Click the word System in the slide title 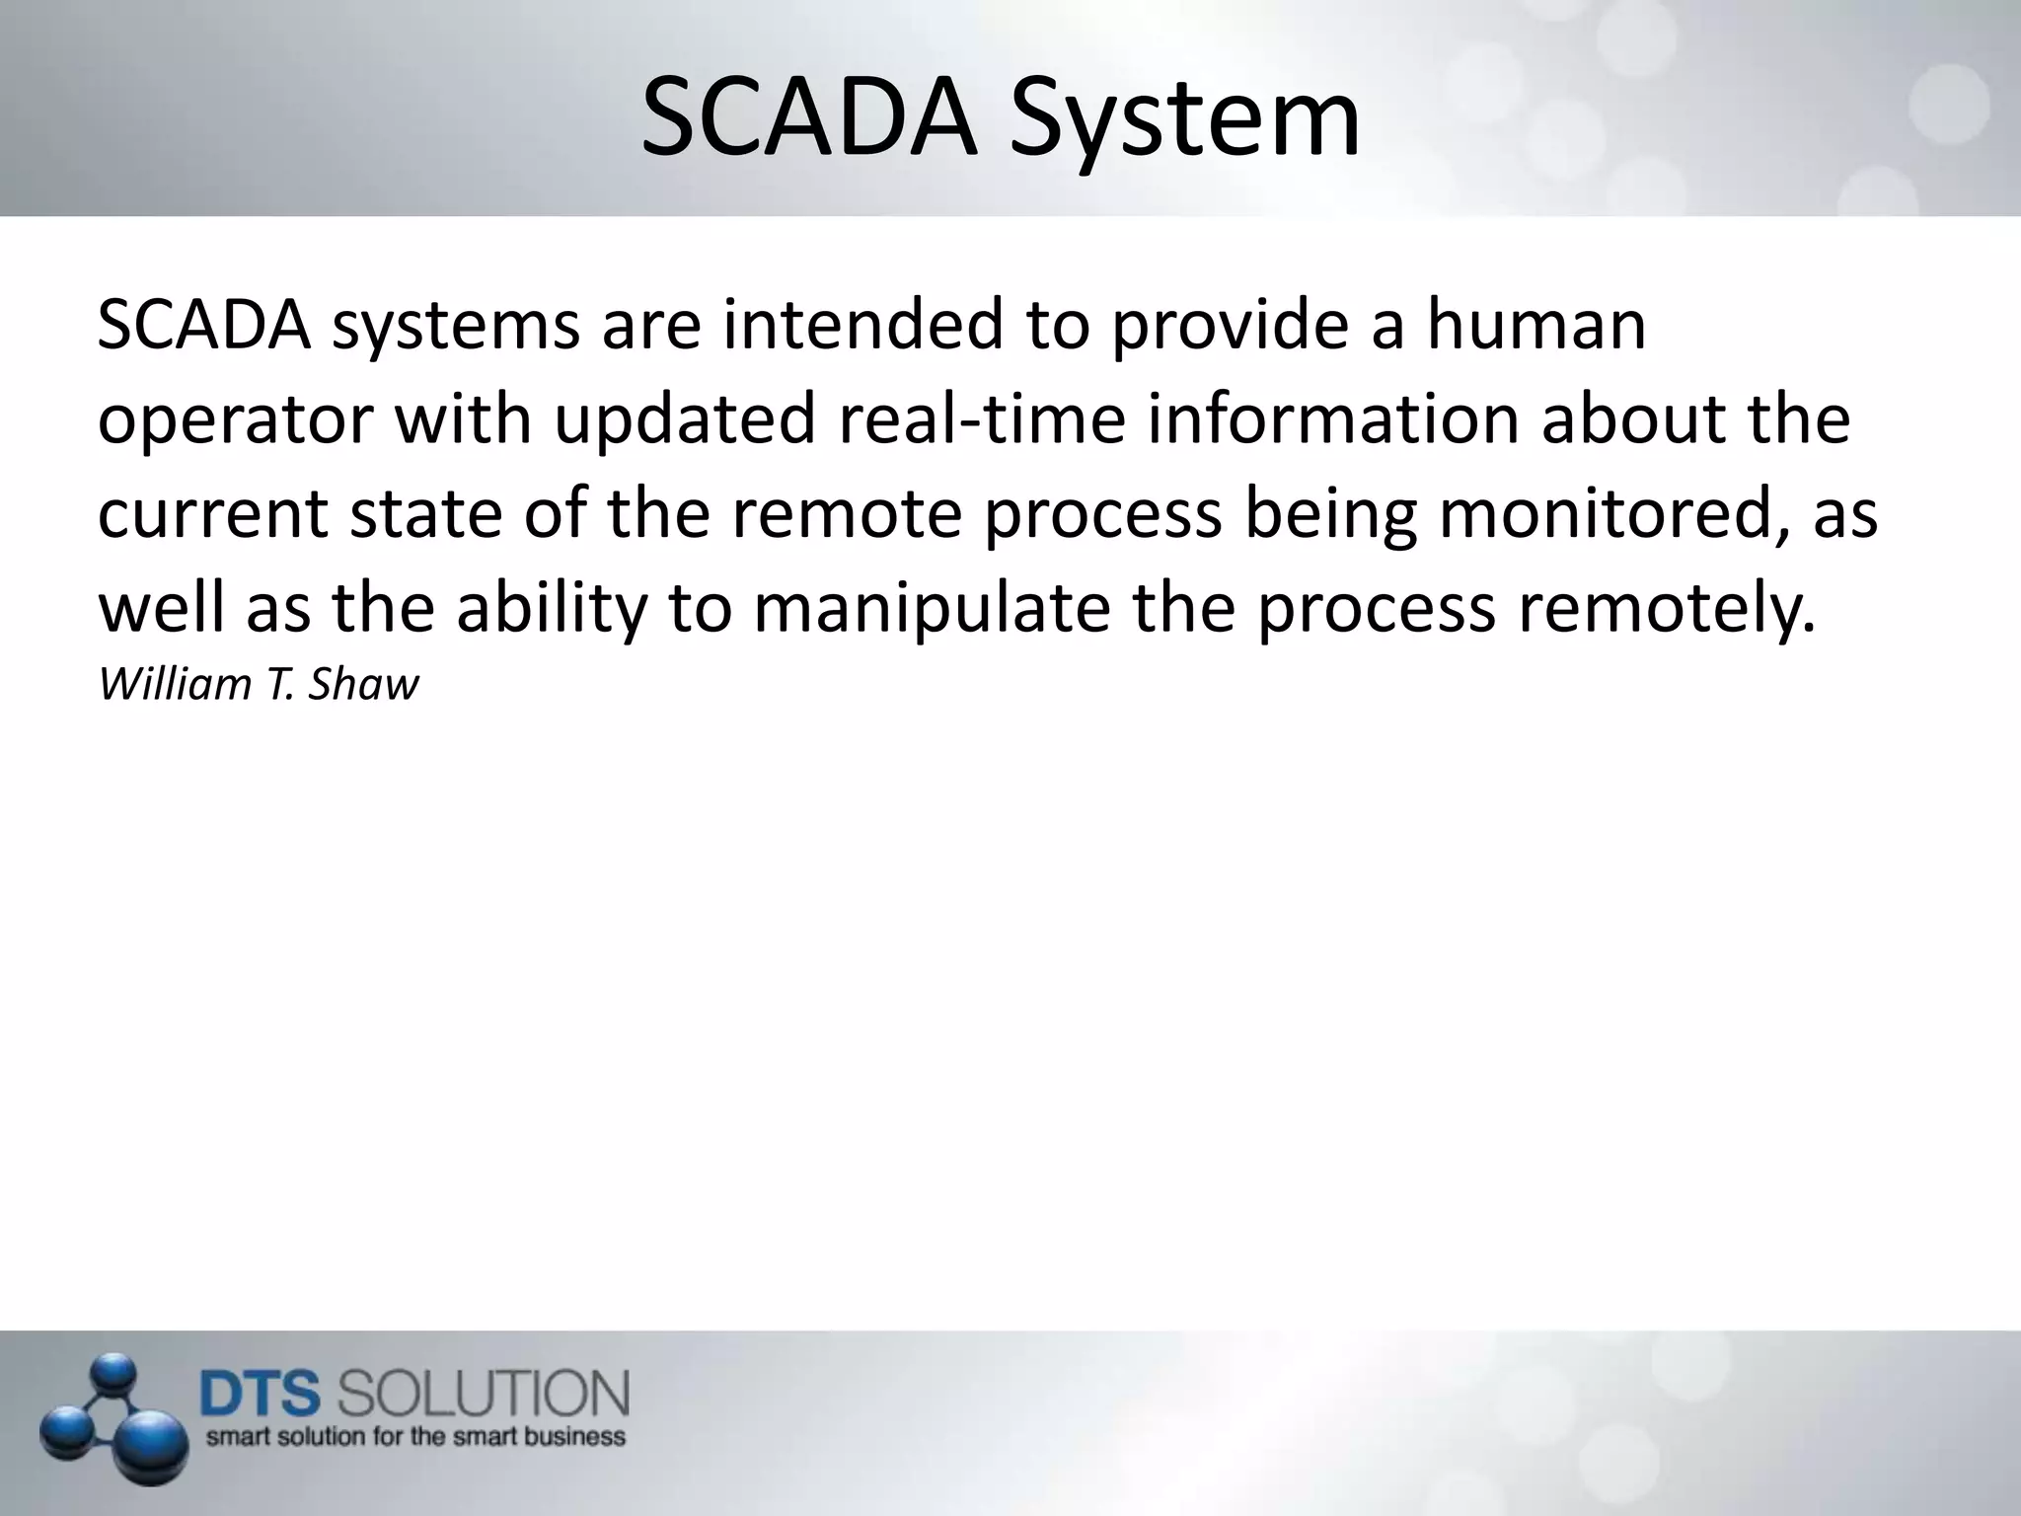[x=1184, y=120]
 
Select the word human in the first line [x=1536, y=326]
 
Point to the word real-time [x=982, y=418]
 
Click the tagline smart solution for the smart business [x=415, y=1436]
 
